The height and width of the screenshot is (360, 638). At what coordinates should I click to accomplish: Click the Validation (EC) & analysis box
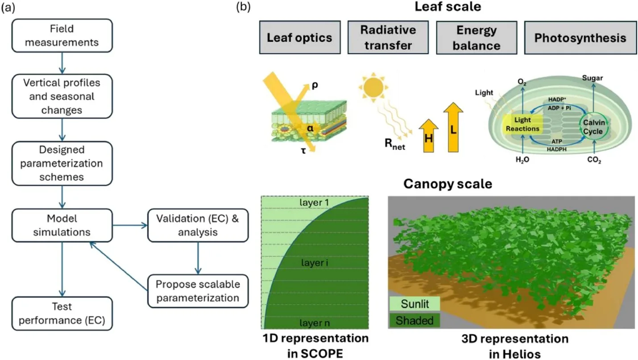coord(198,225)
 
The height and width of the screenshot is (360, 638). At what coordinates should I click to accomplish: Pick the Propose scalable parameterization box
coord(198,290)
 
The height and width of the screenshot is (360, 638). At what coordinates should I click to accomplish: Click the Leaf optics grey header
coord(299,37)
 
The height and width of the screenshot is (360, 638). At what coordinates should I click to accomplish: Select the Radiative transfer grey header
coord(388,37)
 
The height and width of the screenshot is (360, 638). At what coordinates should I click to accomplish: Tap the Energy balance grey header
coord(476,37)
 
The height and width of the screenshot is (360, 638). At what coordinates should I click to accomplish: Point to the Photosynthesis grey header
coord(580,37)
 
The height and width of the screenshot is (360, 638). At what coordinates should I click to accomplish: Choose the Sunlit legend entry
coord(415,304)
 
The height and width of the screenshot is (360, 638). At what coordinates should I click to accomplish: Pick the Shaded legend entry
coord(415,320)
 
